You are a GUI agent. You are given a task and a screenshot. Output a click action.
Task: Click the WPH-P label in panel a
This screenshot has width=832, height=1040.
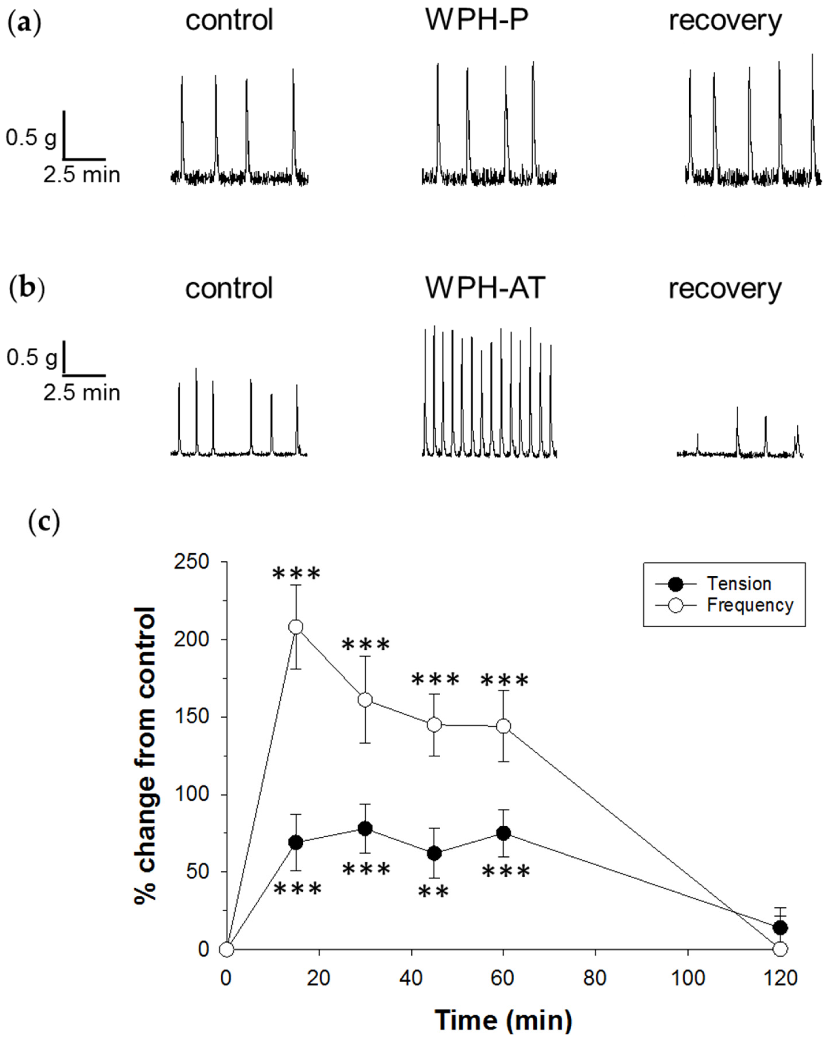pos(476,20)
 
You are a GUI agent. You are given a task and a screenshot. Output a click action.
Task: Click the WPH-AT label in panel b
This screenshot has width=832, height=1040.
pos(485,288)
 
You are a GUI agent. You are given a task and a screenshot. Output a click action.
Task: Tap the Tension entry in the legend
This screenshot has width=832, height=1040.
pos(739,584)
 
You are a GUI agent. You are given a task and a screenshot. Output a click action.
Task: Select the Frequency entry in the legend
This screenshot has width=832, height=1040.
pos(750,605)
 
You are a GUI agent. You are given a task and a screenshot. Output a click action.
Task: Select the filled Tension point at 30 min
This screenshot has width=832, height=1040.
pos(365,828)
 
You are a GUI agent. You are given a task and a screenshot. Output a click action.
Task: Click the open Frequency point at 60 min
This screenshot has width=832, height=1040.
pos(503,726)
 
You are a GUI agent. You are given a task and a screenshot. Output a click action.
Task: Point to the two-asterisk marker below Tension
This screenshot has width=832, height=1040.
pos(433,892)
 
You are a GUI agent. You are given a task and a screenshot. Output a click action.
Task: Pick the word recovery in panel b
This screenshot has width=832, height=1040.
pos(725,288)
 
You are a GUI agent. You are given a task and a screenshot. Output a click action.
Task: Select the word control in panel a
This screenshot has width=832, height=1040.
pos(229,20)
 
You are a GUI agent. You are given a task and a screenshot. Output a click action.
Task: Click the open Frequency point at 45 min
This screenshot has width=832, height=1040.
pos(434,725)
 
